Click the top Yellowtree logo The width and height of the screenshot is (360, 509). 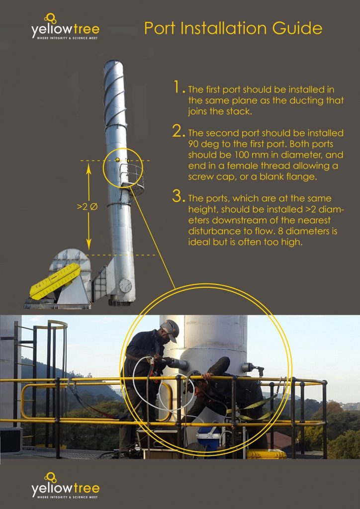pos(65,27)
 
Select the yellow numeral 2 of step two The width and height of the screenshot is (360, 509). pos(179,131)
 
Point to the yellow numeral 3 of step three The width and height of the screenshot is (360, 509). pos(179,196)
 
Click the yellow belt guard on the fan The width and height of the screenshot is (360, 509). pos(55,281)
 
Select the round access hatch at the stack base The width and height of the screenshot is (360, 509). pos(125,285)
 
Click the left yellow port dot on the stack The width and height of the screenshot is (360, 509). pos(117,160)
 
